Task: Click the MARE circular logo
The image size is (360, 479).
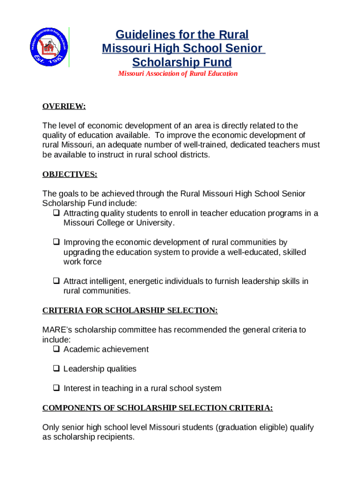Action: click(x=49, y=47)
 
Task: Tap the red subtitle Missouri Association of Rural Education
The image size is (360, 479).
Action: click(x=178, y=73)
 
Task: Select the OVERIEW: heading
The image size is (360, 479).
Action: click(x=64, y=106)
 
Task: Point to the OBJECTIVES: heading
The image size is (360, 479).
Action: click(x=70, y=174)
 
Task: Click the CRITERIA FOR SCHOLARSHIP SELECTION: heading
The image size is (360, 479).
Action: click(x=130, y=310)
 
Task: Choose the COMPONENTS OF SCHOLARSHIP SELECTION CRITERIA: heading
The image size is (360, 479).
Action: click(x=158, y=408)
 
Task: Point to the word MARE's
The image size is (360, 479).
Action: click(x=55, y=330)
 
